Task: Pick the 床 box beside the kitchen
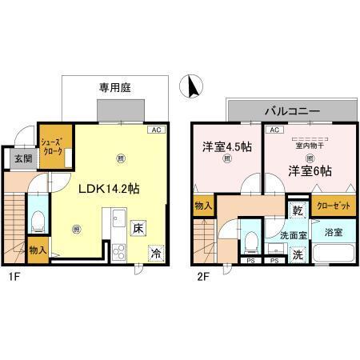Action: coord(138,227)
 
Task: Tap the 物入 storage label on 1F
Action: coord(37,250)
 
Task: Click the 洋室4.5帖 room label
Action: coord(227,146)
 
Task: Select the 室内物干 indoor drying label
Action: coord(308,145)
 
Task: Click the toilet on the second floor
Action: coord(250,239)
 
